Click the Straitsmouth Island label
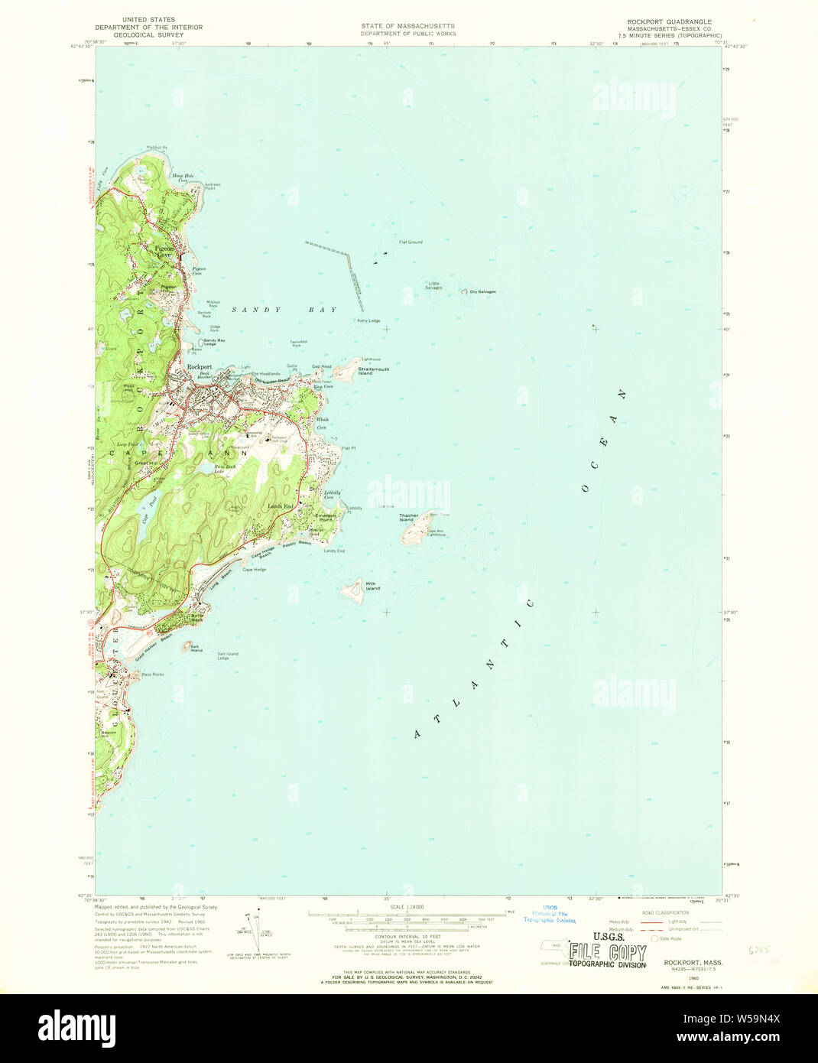(373, 371)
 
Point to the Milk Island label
(372, 587)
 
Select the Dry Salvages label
(482, 291)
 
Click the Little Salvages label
(433, 285)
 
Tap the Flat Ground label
(410, 242)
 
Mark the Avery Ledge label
(368, 320)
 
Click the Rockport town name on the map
(200, 367)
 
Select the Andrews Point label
(212, 186)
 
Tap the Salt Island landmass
(187, 647)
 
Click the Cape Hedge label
(254, 569)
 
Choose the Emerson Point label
(326, 517)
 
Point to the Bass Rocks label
(152, 675)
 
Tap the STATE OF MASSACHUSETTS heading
(408, 26)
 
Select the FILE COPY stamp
(609, 953)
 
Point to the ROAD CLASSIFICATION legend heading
(665, 913)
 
